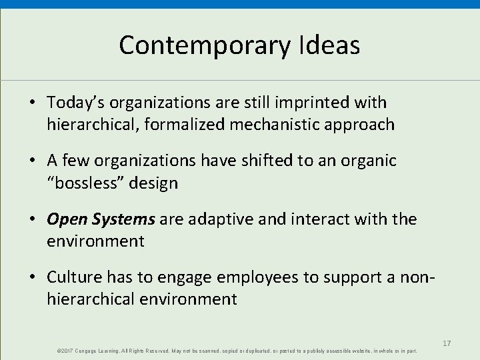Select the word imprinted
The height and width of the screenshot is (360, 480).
click(x=316, y=103)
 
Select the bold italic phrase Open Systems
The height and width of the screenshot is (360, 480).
click(x=101, y=219)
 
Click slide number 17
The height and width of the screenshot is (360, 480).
click(x=447, y=343)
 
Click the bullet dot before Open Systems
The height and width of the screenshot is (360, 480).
click(x=33, y=219)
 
